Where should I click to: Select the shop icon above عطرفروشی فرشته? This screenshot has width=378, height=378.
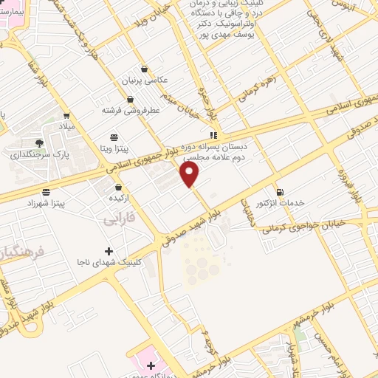point(130,99)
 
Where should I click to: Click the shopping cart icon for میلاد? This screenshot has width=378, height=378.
point(66,115)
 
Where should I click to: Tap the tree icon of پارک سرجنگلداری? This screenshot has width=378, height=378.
point(39,142)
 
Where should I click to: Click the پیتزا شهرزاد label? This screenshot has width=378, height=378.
point(63,202)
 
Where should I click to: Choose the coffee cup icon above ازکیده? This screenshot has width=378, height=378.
point(118,188)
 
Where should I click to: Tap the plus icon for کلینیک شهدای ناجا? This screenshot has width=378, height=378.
point(109,252)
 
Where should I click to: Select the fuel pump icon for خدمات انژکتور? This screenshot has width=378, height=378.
point(279,192)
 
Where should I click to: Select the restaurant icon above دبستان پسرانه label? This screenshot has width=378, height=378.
point(213,135)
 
